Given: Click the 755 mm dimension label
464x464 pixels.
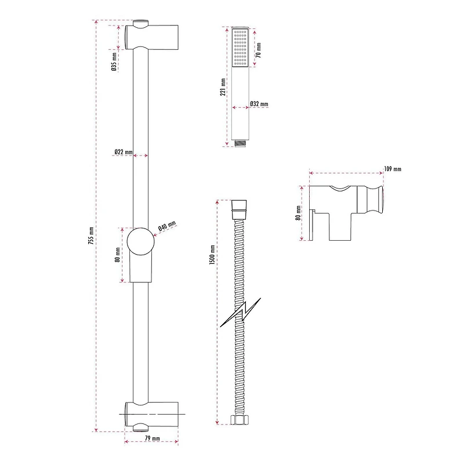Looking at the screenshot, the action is coord(91,235).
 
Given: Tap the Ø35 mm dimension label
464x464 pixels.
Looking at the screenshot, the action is coord(114,62).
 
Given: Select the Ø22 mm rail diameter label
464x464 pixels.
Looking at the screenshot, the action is coord(124,152).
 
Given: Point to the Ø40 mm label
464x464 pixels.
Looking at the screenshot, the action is coord(167,226).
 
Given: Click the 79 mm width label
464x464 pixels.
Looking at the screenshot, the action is coord(153,438).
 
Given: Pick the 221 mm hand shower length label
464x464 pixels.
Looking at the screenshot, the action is coord(223,87).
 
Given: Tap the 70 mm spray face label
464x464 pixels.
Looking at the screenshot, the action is coord(258,50).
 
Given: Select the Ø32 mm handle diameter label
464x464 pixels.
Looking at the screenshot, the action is coord(259,104).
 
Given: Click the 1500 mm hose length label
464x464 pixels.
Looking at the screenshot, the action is coord(212,255).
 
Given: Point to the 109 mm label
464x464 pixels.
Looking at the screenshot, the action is coord(393,169).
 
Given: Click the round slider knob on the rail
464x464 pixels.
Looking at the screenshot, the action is coord(140,241).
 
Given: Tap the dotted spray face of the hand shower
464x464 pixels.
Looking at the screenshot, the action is coord(240,48).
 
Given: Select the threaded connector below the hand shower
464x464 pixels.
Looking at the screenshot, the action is coord(240,144).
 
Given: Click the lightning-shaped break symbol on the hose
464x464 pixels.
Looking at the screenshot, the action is coord(240,313).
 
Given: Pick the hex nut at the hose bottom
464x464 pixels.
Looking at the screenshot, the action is coord(239,419).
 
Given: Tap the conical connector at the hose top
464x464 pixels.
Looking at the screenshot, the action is coord(239,209).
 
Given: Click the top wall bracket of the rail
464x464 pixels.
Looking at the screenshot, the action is coord(151,36).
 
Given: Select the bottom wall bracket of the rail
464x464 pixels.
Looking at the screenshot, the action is coord(151,415).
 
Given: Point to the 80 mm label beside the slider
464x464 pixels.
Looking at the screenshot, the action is coord(117,255).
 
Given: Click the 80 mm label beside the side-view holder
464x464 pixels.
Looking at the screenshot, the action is coord(298,213).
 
